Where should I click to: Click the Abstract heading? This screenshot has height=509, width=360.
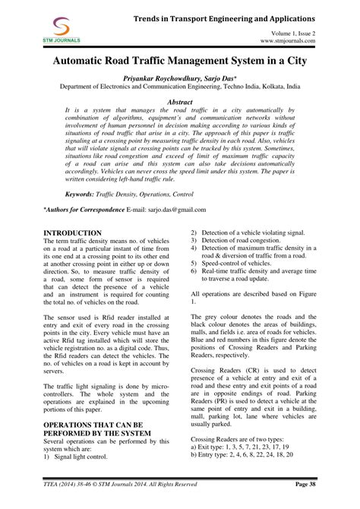pyautogui.click(x=179, y=101)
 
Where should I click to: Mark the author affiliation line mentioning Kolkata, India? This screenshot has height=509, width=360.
pyautogui.click(x=180, y=87)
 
